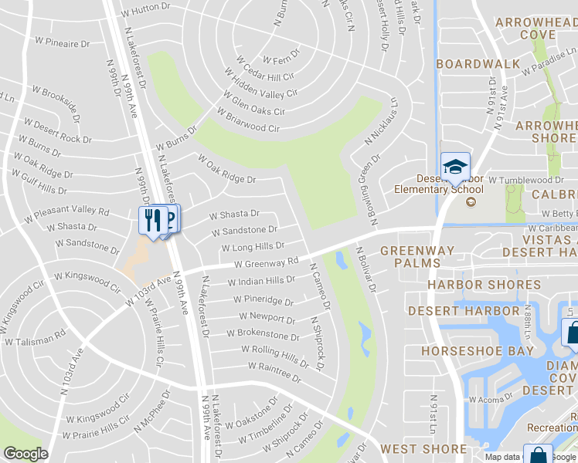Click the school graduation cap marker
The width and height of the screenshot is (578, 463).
click(x=456, y=166)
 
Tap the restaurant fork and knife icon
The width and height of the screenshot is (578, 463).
click(x=152, y=220)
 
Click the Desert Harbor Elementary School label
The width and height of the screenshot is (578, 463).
click(x=439, y=184)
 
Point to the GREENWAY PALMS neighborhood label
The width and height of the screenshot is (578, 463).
click(x=410, y=256)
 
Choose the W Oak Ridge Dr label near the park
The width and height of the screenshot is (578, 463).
click(x=226, y=169)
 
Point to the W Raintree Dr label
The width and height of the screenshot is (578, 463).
click(x=274, y=371)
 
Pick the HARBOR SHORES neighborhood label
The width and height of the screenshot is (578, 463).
click(x=484, y=285)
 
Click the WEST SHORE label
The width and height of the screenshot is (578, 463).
click(x=423, y=449)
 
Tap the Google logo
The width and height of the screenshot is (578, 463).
click(x=25, y=454)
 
